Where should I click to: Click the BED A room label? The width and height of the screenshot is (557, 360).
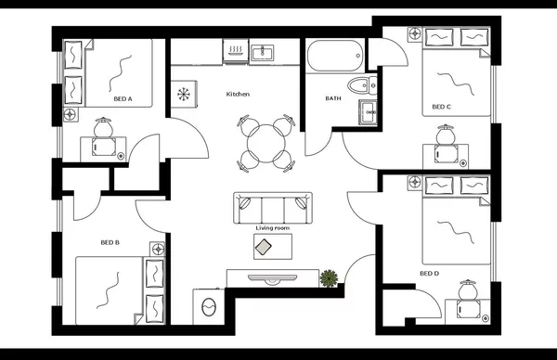[123, 97]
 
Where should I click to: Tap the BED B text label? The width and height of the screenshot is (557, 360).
[110, 243]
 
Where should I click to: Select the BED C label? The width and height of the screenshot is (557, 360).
[441, 107]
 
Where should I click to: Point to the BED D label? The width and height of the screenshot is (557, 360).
[428, 274]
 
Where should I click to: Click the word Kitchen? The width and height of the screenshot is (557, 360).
[239, 95]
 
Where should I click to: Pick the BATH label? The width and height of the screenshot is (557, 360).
[333, 98]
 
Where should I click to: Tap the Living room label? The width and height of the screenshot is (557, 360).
[272, 227]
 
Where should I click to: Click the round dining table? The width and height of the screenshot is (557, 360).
[266, 142]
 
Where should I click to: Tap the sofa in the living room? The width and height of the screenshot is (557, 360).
[274, 206]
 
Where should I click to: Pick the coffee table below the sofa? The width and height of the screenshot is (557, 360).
[272, 247]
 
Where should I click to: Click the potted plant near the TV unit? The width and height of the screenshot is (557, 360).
[329, 277]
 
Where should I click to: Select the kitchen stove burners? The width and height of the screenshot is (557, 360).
[235, 52]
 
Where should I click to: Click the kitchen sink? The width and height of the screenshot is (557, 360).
[261, 52]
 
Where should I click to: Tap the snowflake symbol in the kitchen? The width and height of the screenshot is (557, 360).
[183, 94]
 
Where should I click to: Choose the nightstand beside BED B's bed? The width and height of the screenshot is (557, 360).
[157, 250]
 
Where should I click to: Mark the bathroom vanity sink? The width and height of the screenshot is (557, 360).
[369, 113]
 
